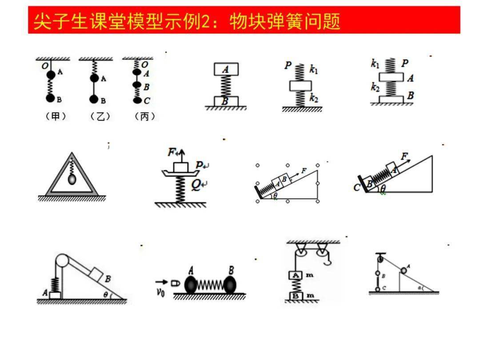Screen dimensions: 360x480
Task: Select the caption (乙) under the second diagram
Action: [x=100, y=116]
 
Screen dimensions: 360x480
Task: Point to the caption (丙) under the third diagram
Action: [x=145, y=116]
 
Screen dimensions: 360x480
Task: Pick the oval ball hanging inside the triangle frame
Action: [x=72, y=179]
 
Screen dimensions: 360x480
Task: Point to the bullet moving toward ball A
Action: [x=175, y=282]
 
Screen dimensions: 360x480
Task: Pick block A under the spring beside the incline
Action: [x=56, y=295]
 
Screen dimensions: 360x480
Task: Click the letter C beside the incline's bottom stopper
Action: [x=357, y=188]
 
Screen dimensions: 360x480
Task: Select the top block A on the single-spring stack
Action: [x=226, y=69]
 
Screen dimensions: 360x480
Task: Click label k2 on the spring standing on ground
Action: [x=314, y=99]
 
